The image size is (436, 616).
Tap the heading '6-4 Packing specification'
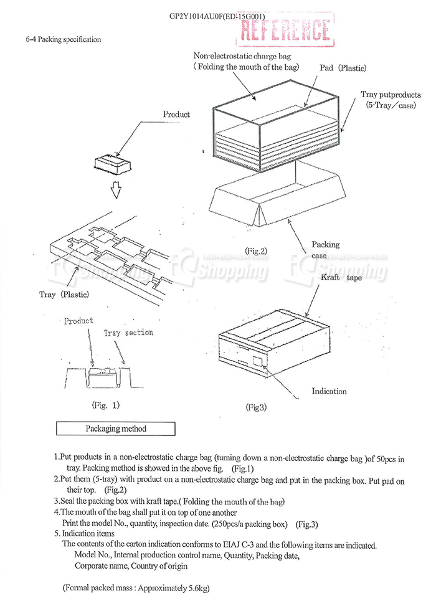point(64,39)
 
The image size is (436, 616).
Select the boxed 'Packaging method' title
point(116,429)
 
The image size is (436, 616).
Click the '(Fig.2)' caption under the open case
point(255,251)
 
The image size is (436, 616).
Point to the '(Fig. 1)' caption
point(105,405)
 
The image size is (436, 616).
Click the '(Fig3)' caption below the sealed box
point(255,407)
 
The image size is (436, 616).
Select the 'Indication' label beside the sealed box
point(329,391)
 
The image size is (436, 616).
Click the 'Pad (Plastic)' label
point(343,68)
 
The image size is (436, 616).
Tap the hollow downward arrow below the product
point(114,190)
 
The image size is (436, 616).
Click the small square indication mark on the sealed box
point(256,361)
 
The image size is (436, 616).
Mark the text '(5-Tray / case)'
point(391,105)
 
